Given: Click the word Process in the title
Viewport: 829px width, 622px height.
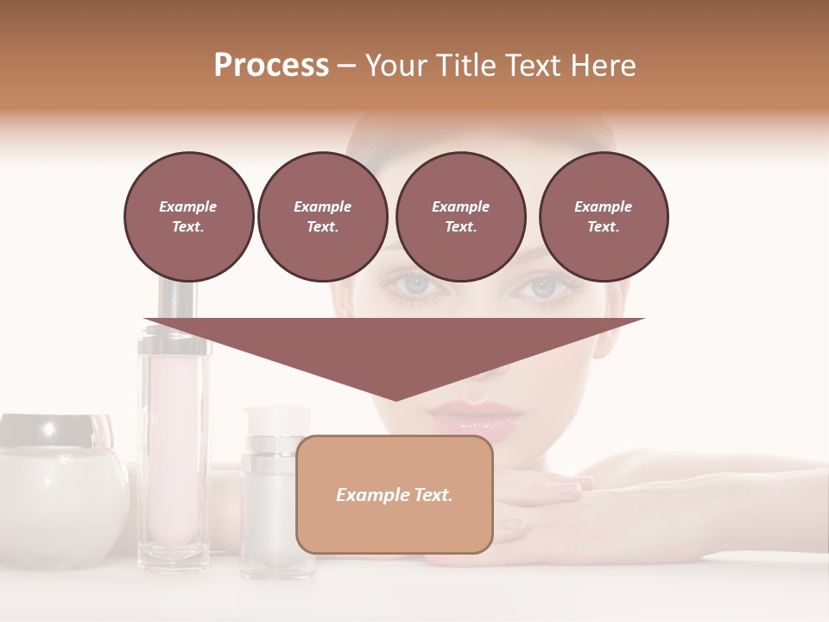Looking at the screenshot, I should (x=271, y=66).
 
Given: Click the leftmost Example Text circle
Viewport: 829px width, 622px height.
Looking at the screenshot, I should (x=188, y=217).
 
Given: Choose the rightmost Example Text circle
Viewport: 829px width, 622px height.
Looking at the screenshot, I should (x=604, y=217).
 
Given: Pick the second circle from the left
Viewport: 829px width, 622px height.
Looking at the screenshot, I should (x=322, y=217).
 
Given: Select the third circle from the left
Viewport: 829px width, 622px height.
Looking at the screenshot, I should (x=460, y=217).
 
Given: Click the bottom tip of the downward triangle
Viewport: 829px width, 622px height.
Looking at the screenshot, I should (x=396, y=398).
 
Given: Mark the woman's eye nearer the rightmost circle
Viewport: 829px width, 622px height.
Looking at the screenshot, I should (x=542, y=288).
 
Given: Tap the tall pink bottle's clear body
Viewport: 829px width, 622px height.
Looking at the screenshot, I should (x=173, y=449).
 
